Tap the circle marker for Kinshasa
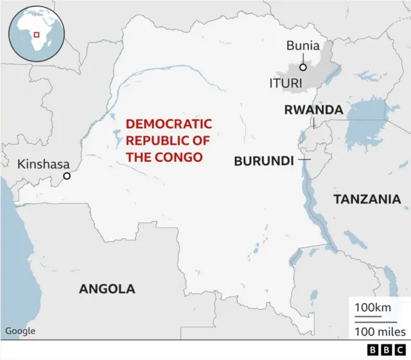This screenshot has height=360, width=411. [66, 175]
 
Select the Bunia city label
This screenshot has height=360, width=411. [302, 46]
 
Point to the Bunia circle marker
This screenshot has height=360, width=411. [302, 66]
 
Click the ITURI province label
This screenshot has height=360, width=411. [285, 84]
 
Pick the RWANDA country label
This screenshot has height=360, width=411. [313, 110]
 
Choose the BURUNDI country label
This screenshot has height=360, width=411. [263, 161]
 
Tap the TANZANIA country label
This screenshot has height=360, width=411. [367, 200]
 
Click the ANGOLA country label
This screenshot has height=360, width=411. [107, 289]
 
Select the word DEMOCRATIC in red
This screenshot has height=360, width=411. [168, 123]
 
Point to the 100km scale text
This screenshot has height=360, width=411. [372, 308]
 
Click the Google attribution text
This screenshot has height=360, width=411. [21, 331]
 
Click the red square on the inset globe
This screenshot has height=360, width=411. [37, 34]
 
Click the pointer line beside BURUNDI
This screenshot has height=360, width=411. [304, 159]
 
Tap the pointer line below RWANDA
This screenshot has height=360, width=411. [314, 123]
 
